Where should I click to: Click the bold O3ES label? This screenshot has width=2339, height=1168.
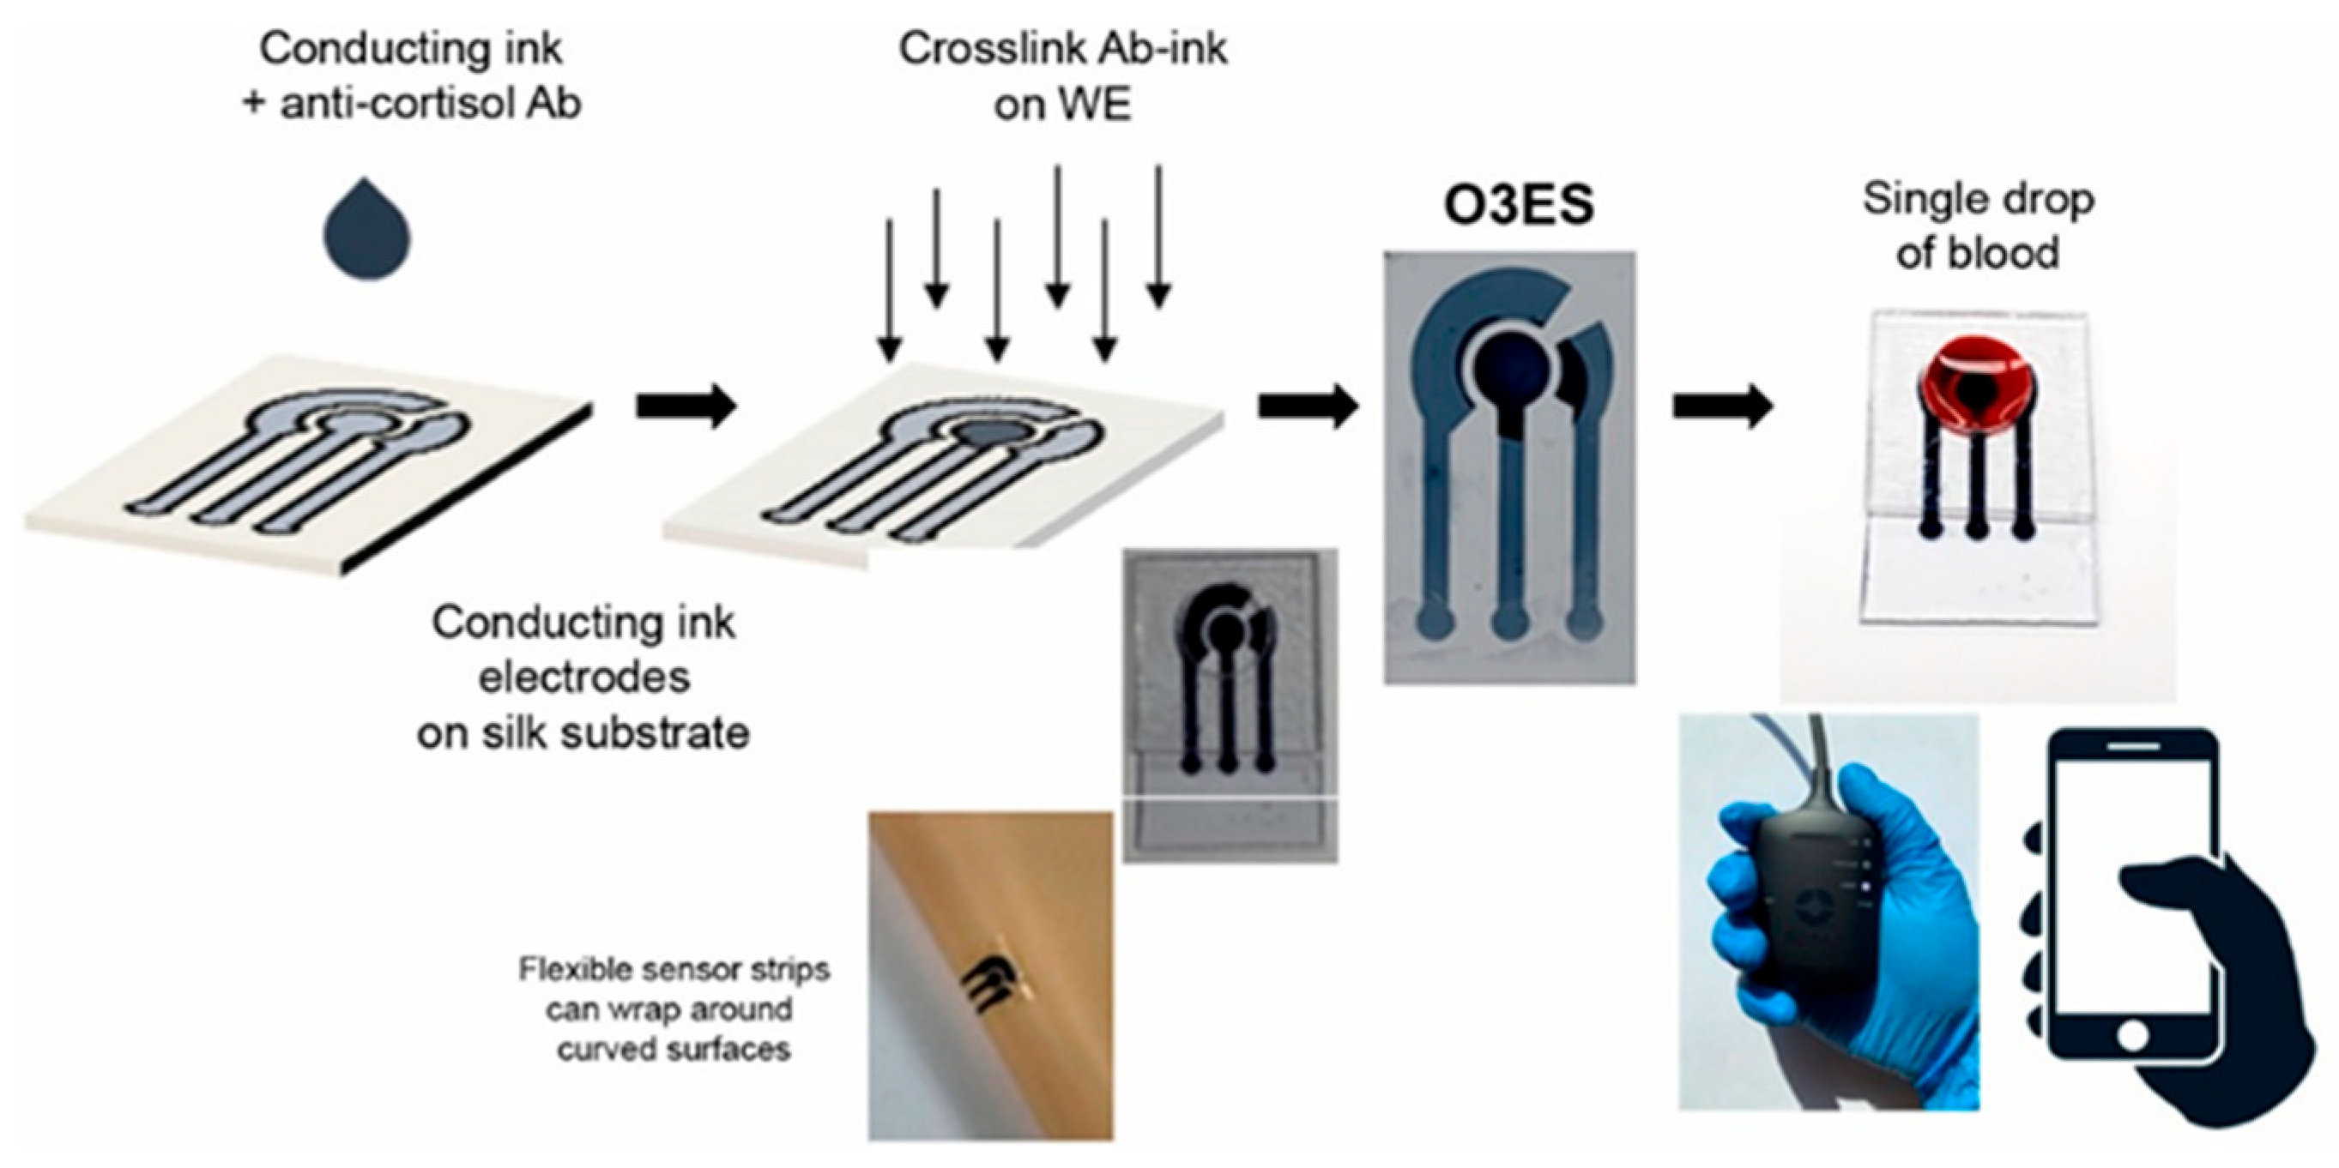(x=1519, y=205)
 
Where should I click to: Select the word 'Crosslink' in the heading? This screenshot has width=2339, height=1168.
(x=986, y=48)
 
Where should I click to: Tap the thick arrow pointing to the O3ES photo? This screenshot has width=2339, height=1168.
(x=1307, y=406)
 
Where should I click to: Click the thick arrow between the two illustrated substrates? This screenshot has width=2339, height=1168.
(x=685, y=406)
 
